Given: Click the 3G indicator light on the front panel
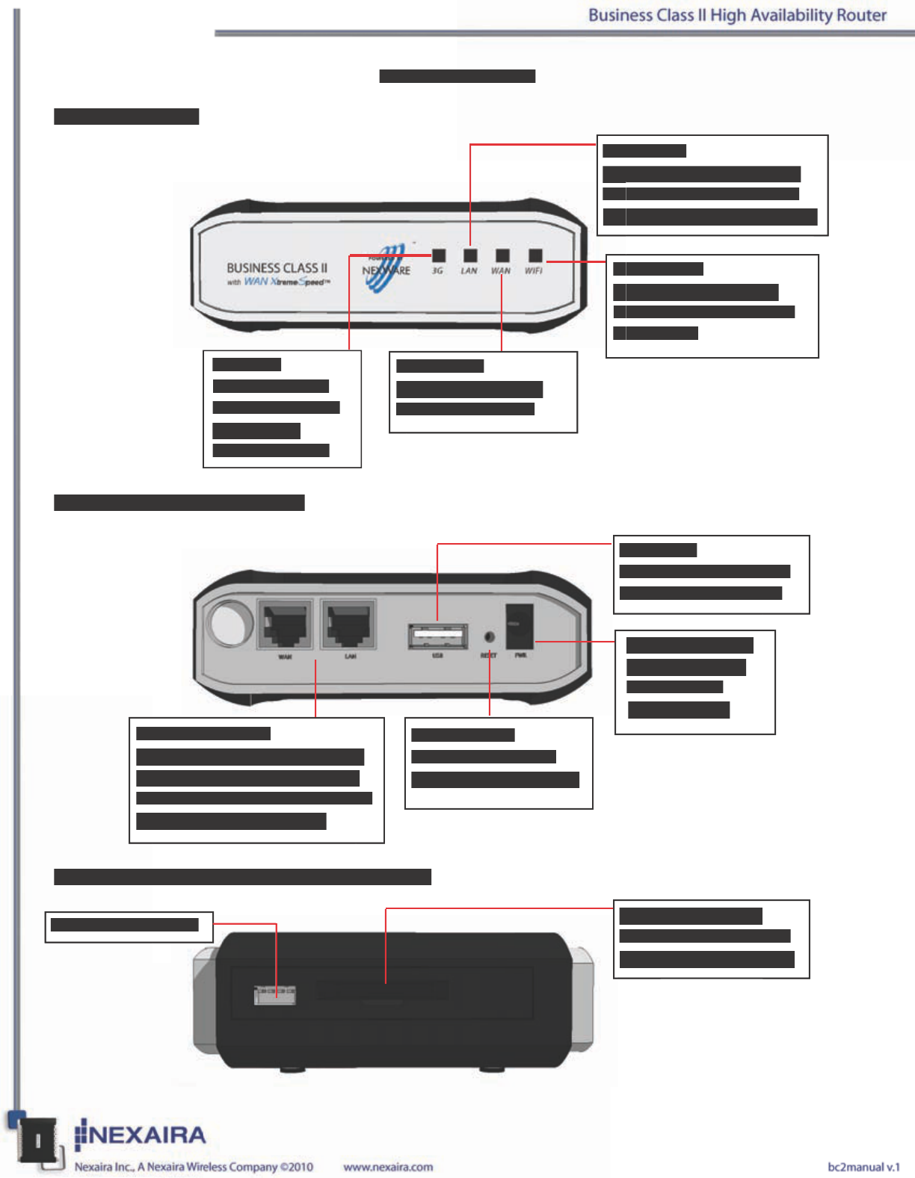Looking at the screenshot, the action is tap(439, 255).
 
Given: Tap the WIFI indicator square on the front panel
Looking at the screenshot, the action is tap(535, 255).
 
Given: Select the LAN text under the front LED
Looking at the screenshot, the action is tap(469, 271).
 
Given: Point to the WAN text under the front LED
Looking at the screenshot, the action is tap(501, 271).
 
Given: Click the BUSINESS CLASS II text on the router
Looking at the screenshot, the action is tap(277, 267).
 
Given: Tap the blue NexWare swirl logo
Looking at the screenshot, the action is tap(389, 267).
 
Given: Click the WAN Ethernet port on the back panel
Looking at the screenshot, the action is tap(285, 624).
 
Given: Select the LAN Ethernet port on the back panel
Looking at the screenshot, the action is tap(349, 624).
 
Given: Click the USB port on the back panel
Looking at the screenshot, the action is tap(438, 636).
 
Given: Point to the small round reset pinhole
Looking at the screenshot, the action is tap(490, 636).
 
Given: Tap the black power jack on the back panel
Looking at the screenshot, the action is tap(520, 626).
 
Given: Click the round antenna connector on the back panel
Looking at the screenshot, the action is tap(230, 623).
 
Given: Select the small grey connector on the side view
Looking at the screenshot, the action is tap(275, 993).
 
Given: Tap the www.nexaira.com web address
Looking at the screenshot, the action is tap(388, 1167).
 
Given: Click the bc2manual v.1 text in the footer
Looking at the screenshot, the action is tap(863, 1167).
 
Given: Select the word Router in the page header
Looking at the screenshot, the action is tap(861, 15).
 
